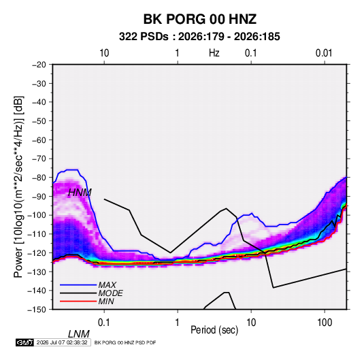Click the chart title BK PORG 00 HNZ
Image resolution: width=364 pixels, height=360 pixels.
[200, 19]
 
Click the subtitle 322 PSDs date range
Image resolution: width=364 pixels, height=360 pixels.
[199, 37]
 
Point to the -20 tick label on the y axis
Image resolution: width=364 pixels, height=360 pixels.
[39, 65]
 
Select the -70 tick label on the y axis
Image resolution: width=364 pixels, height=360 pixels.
[39, 159]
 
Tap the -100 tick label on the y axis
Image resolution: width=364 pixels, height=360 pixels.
[37, 215]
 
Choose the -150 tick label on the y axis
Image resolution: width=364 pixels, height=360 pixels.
[37, 310]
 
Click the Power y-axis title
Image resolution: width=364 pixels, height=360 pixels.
[18, 187]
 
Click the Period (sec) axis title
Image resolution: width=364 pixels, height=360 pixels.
[214, 330]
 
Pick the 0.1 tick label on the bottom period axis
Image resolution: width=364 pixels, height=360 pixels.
[104, 323]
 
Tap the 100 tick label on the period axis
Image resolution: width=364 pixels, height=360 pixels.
[325, 323]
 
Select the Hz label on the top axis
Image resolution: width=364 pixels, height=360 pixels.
[214, 53]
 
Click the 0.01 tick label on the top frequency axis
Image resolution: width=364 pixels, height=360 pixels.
[324, 53]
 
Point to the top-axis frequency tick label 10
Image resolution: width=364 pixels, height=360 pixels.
[104, 53]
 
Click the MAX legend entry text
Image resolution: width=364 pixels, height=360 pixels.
[107, 285]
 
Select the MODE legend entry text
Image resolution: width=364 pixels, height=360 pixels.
[110, 293]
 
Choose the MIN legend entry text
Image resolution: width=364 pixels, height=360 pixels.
[106, 301]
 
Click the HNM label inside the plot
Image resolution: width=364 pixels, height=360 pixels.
[80, 193]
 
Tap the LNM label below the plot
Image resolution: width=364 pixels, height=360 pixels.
[78, 334]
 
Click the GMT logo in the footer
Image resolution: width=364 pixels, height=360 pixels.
[24, 342]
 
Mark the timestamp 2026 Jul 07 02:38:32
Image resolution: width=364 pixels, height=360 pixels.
[62, 342]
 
